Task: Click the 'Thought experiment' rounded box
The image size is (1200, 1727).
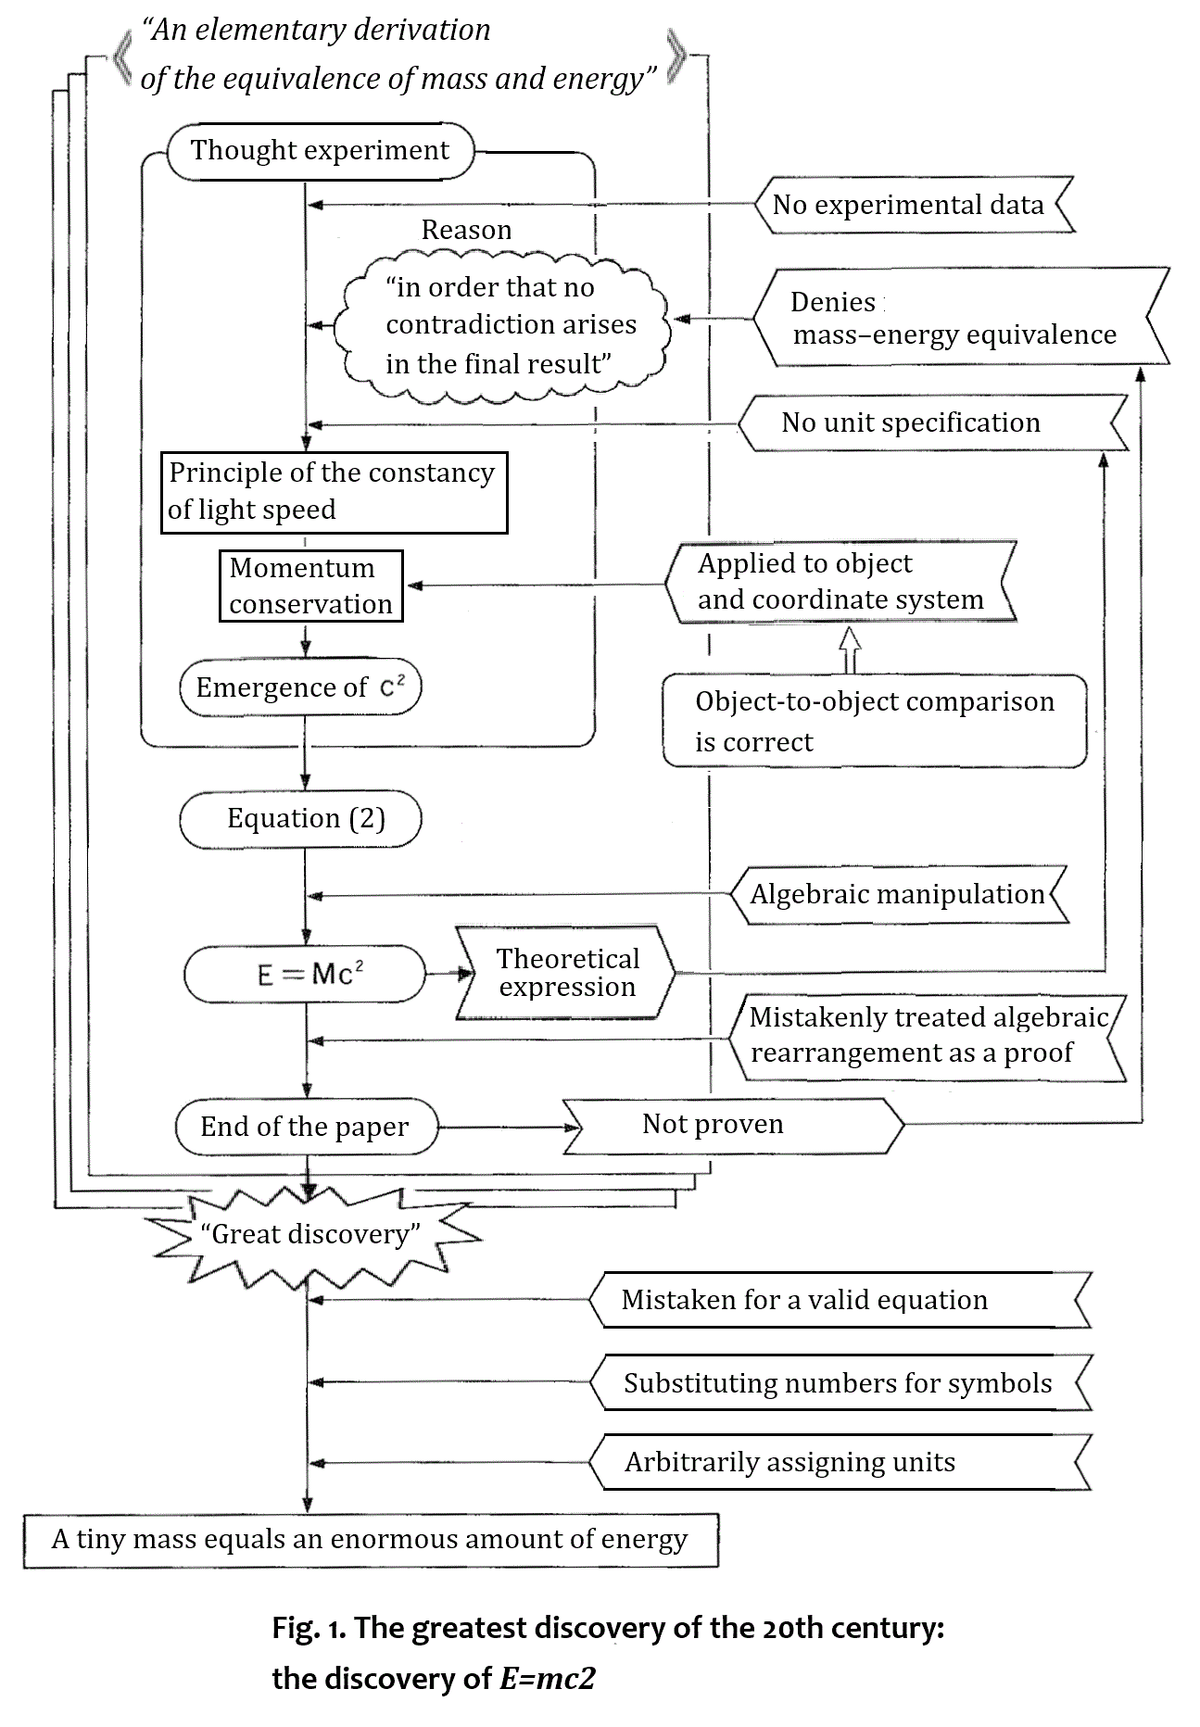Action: pyautogui.click(x=320, y=150)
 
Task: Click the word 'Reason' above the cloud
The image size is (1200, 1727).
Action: pyautogui.click(x=466, y=230)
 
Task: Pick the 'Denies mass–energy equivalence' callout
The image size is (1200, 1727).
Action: pyautogui.click(x=954, y=318)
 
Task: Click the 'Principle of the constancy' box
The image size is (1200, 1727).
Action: pyautogui.click(x=334, y=492)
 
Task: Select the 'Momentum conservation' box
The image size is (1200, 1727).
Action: pyautogui.click(x=311, y=586)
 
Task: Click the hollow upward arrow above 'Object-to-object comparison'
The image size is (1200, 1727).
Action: pyautogui.click(x=851, y=649)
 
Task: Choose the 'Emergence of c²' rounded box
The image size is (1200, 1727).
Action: pyautogui.click(x=300, y=687)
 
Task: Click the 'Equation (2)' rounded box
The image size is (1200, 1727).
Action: pyautogui.click(x=300, y=819)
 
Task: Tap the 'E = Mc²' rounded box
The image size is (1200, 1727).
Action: pyautogui.click(x=305, y=974)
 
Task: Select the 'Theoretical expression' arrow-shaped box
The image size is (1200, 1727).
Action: pyautogui.click(x=566, y=973)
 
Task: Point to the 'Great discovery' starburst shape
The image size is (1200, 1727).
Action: pyautogui.click(x=310, y=1234)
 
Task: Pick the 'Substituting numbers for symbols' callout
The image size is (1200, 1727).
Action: pyautogui.click(x=838, y=1383)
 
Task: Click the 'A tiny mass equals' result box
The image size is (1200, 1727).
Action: pyautogui.click(x=371, y=1540)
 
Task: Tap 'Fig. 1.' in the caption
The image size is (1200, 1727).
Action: pyautogui.click(x=308, y=1628)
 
